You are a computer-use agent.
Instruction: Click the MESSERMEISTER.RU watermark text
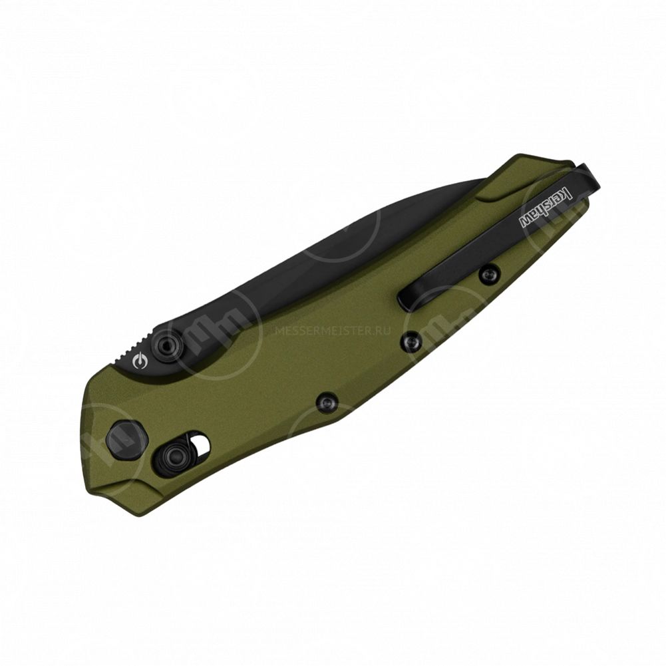333,331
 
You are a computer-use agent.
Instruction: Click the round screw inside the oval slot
174,458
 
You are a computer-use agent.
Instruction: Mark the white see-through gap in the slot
202,443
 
